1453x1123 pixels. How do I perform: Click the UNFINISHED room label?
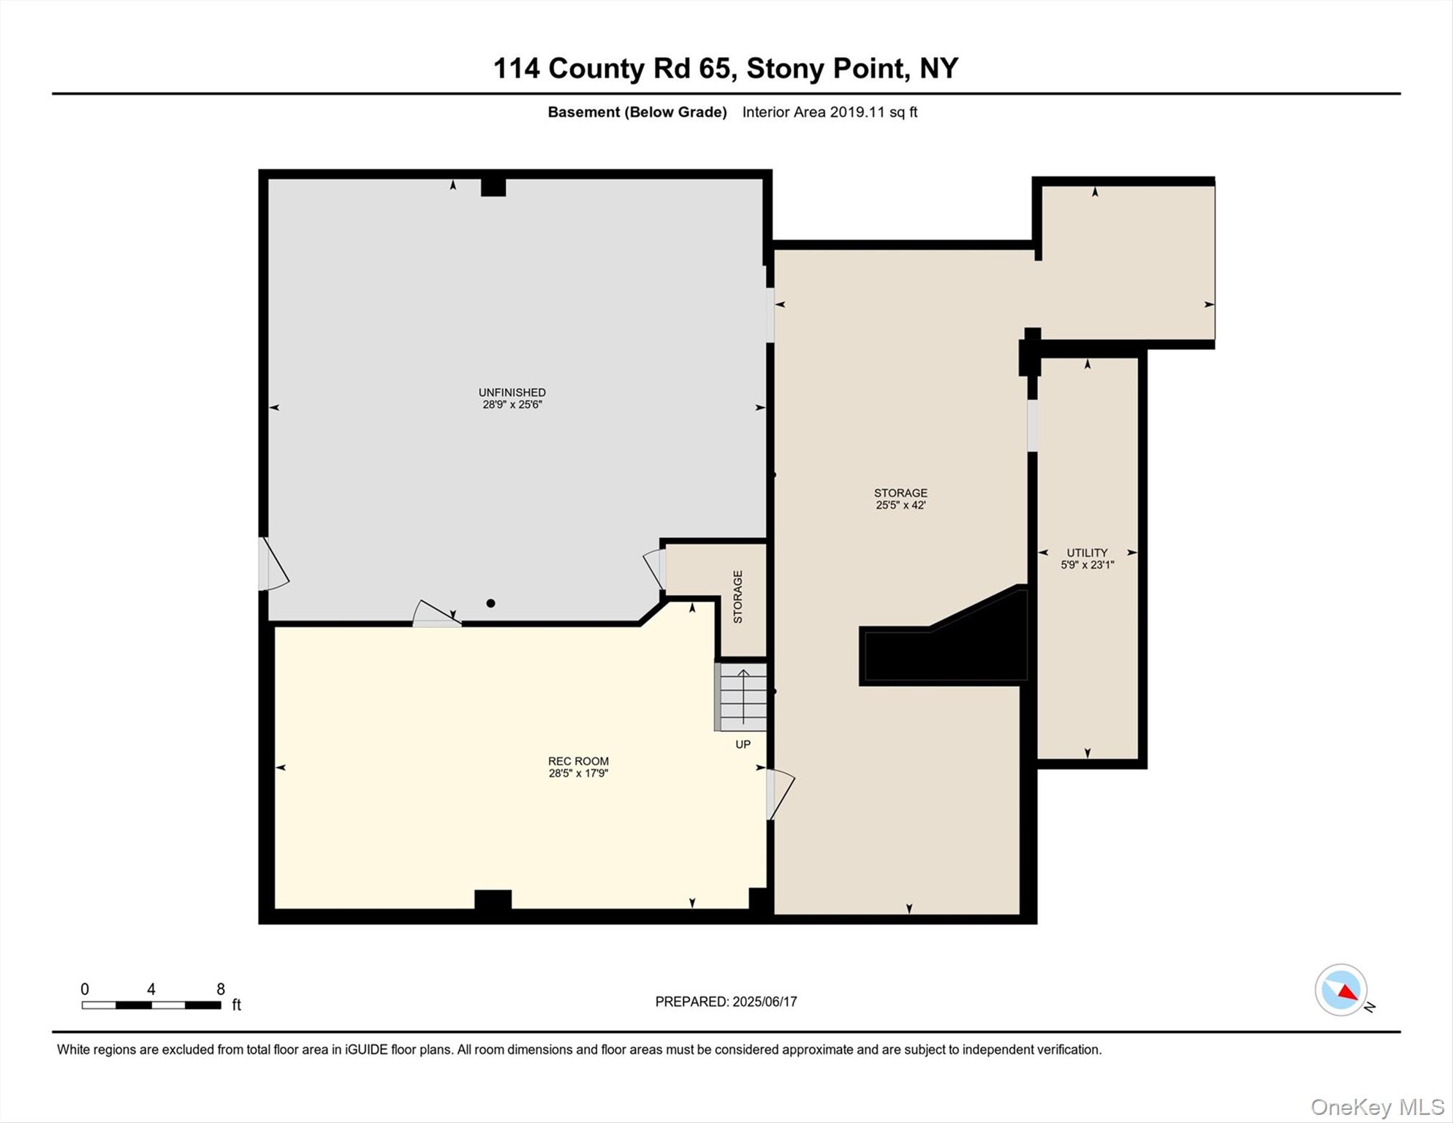pos(512,393)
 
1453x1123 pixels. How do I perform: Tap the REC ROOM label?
pos(578,761)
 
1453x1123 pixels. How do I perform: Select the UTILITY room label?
pos(1087,553)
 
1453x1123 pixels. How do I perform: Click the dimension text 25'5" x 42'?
pos(900,505)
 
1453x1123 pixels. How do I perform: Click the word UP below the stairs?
pos(743,744)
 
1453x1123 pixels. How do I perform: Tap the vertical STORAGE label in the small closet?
pos(737,597)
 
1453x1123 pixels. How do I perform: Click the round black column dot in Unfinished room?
pos(491,603)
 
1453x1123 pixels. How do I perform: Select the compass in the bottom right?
pos(1341,989)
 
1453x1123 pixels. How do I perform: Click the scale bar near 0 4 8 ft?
pos(151,1005)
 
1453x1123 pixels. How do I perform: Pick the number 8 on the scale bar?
pos(221,989)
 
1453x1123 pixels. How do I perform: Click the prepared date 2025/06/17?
pos(765,1002)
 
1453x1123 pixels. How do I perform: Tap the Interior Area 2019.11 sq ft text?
pos(830,112)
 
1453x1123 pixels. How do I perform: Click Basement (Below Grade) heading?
pos(637,112)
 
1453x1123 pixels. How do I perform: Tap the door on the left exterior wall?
pos(272,564)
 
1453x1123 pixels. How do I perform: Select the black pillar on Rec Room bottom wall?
pos(493,899)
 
